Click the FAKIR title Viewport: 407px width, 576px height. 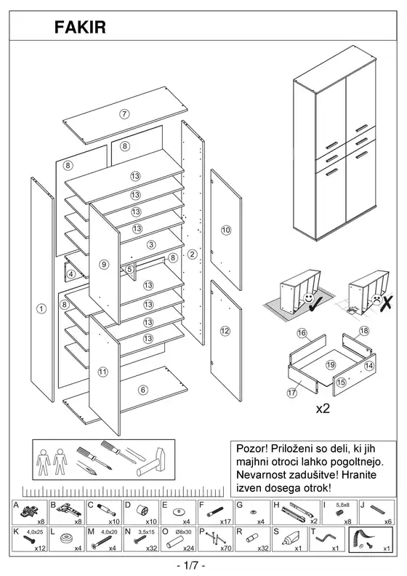(80, 27)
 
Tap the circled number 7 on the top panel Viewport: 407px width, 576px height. (124, 114)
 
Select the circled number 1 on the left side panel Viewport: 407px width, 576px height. (42, 308)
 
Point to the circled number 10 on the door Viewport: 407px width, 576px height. (226, 231)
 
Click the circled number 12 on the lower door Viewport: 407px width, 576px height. (225, 331)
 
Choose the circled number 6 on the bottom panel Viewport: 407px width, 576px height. (143, 390)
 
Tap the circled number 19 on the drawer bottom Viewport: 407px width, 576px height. (331, 365)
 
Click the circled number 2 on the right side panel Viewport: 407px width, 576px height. (193, 254)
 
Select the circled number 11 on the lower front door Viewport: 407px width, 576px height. (102, 372)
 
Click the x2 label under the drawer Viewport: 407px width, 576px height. (323, 409)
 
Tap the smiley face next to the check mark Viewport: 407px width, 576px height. (308, 298)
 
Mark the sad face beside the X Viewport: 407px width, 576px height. (376, 299)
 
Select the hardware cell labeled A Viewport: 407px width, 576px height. (30, 512)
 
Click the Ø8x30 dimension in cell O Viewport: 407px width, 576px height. (182, 532)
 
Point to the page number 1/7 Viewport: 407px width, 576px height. (190, 564)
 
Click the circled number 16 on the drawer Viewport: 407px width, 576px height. (302, 333)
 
